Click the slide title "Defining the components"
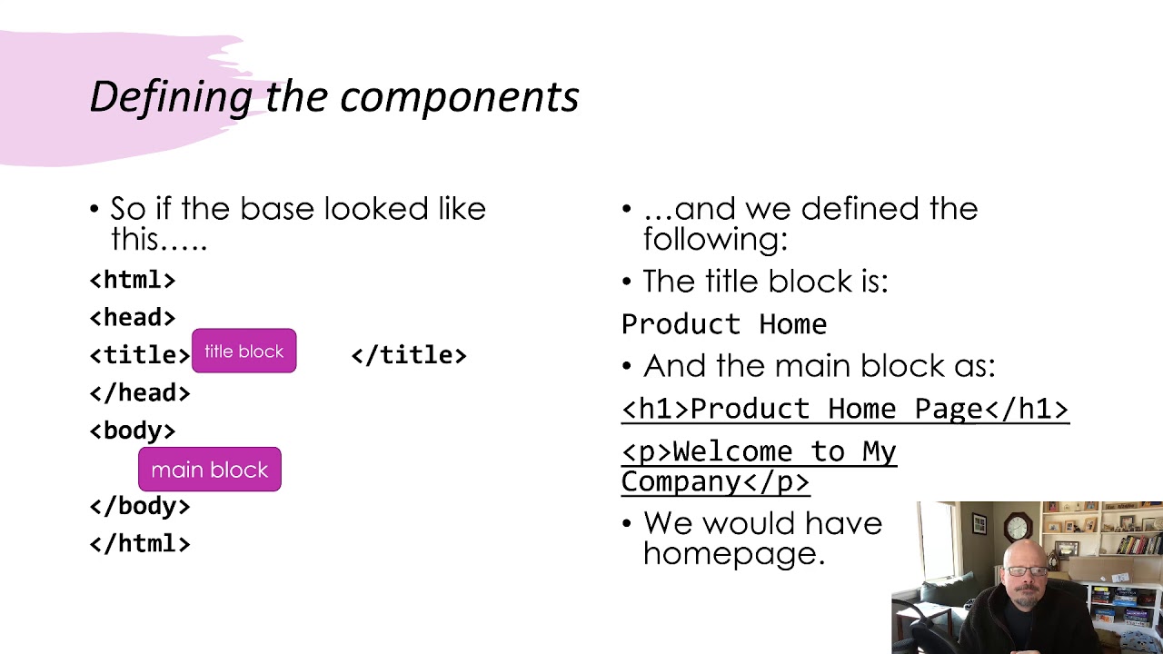[333, 96]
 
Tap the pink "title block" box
[244, 352]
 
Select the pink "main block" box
[210, 470]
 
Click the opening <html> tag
[133, 280]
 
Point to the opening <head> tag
[133, 317]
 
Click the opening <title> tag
[140, 355]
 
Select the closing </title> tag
[409, 355]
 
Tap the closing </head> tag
[140, 392]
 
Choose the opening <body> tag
[133, 431]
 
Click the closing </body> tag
[140, 506]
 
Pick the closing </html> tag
[140, 543]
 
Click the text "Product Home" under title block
[724, 324]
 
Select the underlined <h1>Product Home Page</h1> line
[845, 409]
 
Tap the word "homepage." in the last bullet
[733, 553]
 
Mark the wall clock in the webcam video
[1018, 526]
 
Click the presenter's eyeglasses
[1026, 571]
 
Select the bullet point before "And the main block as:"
[627, 367]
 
